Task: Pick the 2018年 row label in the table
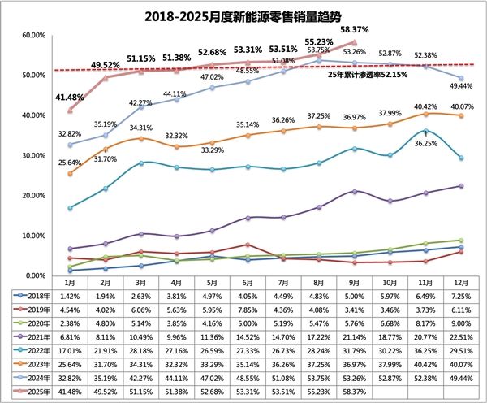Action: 30,294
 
